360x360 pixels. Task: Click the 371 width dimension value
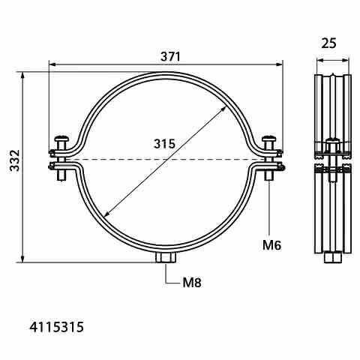[170, 57]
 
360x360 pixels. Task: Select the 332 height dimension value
[14, 160]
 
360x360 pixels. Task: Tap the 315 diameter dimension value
[164, 144]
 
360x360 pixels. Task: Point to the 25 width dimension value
[328, 43]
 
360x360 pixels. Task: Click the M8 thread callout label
[192, 283]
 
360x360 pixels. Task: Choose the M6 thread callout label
[271, 245]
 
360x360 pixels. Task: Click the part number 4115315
[56, 327]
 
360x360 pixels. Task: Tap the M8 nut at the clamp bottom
[166, 257]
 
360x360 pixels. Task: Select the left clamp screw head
[61, 138]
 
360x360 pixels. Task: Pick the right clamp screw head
[268, 138]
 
